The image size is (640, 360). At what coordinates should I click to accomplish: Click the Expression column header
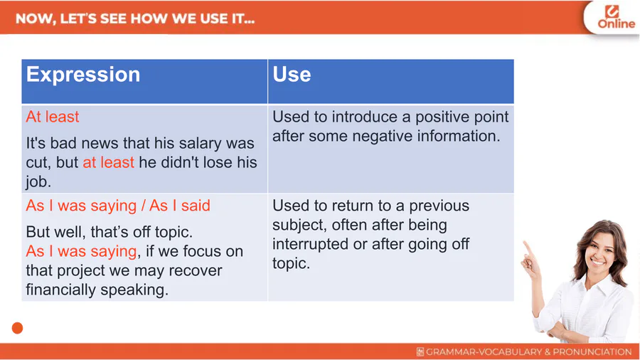coord(83,74)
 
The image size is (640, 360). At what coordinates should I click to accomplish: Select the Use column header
coord(292,74)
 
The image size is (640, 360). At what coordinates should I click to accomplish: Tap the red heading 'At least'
coord(52,117)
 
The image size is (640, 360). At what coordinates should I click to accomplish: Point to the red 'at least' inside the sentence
coord(108,162)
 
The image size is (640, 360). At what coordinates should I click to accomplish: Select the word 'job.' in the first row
coord(38,181)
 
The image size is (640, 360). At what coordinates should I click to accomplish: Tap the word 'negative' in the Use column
coord(382,137)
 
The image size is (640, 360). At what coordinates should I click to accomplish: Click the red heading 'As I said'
coord(180,206)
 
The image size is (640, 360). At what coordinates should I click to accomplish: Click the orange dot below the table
coord(17,328)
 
